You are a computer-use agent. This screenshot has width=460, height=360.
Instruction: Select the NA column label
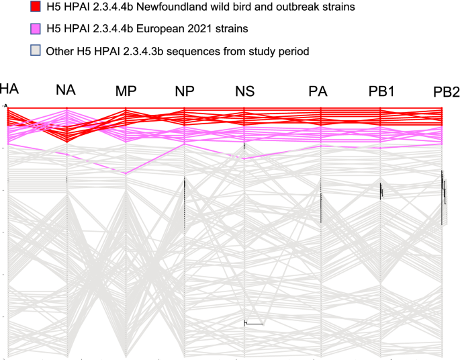tap(66, 91)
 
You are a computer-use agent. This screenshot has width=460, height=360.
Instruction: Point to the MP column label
tap(126, 91)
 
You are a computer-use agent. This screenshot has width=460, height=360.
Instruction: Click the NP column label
tap(185, 92)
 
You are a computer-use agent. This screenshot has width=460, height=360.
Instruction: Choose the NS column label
tap(244, 92)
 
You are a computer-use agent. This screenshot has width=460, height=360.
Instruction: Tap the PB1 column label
tap(381, 91)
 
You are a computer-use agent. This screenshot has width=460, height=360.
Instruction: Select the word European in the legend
tap(166, 30)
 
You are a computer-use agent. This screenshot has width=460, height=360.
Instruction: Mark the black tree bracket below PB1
tap(381, 191)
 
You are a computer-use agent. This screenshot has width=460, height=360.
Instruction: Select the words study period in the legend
tap(278, 50)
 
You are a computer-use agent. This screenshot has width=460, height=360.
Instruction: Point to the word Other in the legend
tap(59, 50)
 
